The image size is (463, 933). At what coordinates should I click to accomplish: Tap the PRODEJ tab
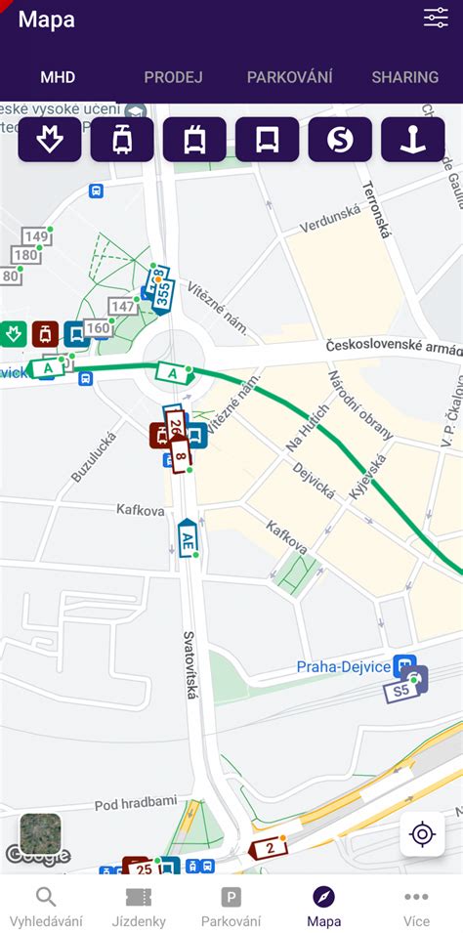pos(173,77)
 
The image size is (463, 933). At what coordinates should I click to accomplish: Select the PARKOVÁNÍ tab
pos(289,77)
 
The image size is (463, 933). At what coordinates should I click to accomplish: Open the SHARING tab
pos(404,77)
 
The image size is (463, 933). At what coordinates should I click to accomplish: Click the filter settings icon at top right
pos(436,18)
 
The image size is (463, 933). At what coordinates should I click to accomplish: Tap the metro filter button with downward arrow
pos(50,140)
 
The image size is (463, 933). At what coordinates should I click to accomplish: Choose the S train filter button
pos(340,140)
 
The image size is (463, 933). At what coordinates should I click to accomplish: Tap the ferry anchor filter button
pos(412,140)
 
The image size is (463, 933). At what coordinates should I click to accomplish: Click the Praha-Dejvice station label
pos(344,667)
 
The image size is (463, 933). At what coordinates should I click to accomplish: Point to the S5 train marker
pos(402,691)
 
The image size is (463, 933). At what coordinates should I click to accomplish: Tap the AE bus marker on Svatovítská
pos(188,538)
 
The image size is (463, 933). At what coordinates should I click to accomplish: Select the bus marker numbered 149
pos(36,236)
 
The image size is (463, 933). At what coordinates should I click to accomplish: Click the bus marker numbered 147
pos(122,307)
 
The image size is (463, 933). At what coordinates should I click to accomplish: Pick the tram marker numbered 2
pos(269,848)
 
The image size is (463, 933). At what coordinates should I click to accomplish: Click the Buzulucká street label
pos(94,456)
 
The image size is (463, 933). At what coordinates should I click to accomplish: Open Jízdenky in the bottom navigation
pos(139,907)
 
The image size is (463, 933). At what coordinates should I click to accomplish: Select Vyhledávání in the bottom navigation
pos(46,907)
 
